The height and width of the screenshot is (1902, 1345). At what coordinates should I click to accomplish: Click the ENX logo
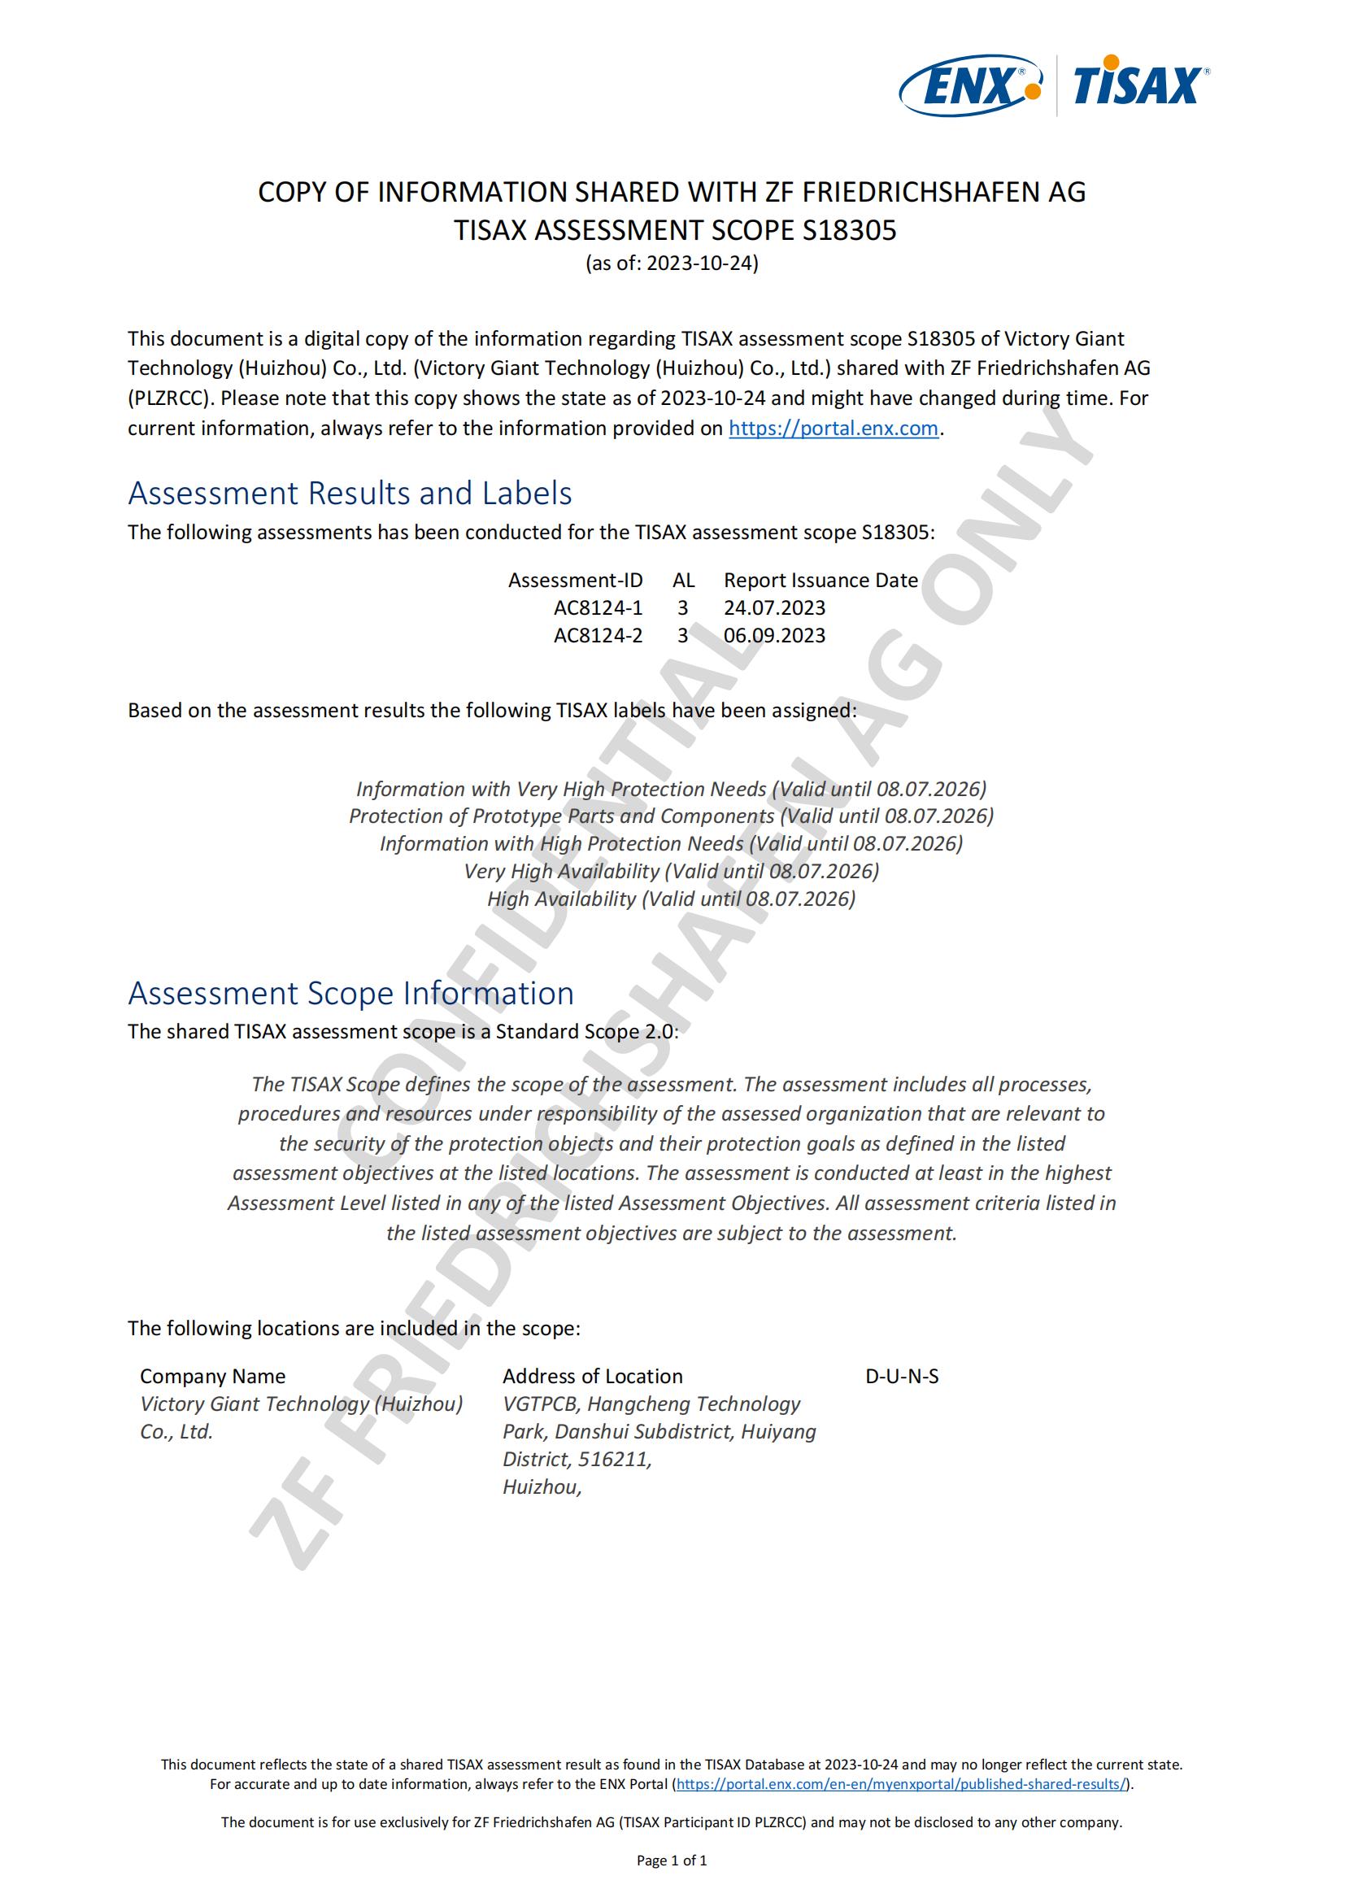click(x=969, y=85)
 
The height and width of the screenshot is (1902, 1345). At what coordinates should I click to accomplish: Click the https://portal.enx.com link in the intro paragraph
click(x=834, y=429)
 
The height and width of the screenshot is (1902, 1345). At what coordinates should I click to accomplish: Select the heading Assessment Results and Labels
click(x=350, y=493)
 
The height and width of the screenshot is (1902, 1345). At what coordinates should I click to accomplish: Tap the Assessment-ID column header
click(x=575, y=580)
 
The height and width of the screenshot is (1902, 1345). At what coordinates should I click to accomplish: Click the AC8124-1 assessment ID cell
click(x=598, y=608)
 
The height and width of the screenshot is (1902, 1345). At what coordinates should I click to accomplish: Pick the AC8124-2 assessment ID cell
click(x=598, y=635)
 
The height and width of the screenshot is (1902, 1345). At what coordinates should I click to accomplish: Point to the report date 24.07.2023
click(x=774, y=608)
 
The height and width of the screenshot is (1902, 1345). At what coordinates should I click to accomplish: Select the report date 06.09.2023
click(x=774, y=635)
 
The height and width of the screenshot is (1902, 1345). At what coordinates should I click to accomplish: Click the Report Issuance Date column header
click(x=820, y=580)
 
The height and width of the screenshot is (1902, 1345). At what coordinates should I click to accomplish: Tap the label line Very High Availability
click(x=671, y=871)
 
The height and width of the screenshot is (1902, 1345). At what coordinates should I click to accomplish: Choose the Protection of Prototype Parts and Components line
click(x=671, y=816)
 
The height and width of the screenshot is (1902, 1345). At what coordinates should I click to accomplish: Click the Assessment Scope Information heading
click(x=350, y=993)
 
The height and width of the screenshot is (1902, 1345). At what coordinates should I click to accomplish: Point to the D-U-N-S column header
click(x=902, y=1376)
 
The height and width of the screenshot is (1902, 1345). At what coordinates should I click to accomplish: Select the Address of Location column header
click(x=592, y=1376)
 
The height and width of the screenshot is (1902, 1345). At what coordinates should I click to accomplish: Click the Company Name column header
click(x=212, y=1376)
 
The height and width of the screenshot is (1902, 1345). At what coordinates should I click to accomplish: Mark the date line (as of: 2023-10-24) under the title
click(x=672, y=263)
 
